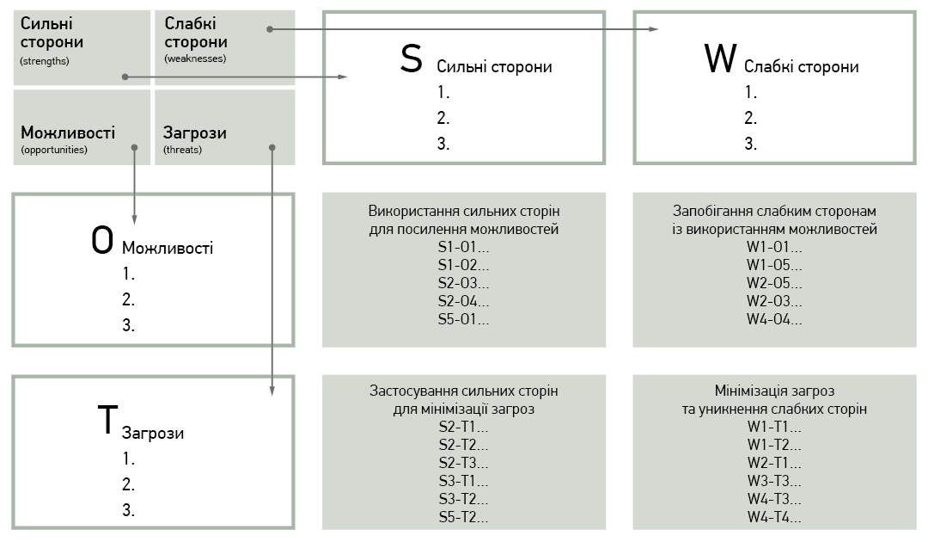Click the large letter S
[412, 59]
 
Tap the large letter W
[720, 59]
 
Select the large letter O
[101, 241]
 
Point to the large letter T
[107, 419]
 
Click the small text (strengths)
[45, 61]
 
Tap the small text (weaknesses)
[195, 59]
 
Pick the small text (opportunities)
[54, 150]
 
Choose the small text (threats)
[182, 150]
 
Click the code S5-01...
[463, 319]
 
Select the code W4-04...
[774, 319]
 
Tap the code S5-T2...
[463, 517]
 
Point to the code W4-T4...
[774, 517]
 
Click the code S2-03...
[463, 283]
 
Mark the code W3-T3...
[774, 481]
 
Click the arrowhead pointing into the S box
[343, 77]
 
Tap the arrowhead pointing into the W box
[653, 29]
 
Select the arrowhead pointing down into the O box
[134, 219]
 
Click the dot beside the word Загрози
[272, 147]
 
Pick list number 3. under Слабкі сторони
[750, 144]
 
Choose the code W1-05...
[774, 265]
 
